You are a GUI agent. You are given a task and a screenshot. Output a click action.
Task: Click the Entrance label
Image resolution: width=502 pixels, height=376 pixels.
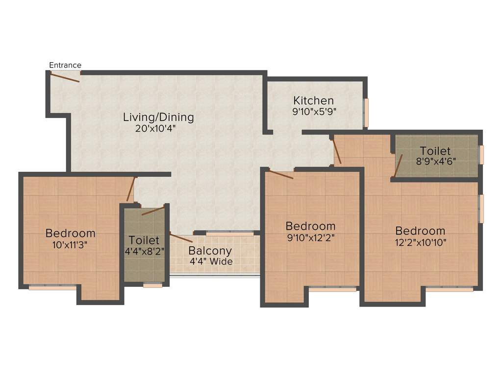[65, 65]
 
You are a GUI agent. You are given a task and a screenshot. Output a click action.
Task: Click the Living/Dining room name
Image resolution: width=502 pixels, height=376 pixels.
[158, 117]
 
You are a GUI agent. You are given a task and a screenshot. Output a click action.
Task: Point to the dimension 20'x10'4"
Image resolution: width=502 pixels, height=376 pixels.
[155, 129]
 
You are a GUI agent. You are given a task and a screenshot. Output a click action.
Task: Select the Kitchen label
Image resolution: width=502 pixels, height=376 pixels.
[313, 101]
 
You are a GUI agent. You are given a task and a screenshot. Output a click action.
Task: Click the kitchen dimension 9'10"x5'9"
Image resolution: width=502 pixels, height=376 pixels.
[314, 111]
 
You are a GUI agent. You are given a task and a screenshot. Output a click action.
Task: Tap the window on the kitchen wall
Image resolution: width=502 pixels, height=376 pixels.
[365, 113]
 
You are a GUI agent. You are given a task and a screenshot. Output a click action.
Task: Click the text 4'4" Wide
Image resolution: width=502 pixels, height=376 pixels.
[211, 261]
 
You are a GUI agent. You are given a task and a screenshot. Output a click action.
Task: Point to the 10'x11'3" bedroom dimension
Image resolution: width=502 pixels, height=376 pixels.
[70, 244]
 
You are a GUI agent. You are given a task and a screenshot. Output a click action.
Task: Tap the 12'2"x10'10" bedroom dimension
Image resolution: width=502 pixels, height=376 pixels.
[421, 241]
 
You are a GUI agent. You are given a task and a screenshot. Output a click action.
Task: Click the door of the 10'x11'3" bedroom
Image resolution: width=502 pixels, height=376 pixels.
[130, 189]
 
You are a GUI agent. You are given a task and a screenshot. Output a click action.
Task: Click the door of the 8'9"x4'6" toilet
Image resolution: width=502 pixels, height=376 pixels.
[399, 165]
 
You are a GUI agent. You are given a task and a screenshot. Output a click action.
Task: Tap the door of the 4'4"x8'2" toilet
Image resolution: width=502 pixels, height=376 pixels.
[153, 211]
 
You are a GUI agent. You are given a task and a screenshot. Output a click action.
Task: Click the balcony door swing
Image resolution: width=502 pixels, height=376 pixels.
[181, 238]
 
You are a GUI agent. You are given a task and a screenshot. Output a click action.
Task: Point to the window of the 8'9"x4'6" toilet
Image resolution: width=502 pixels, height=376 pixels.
[481, 155]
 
